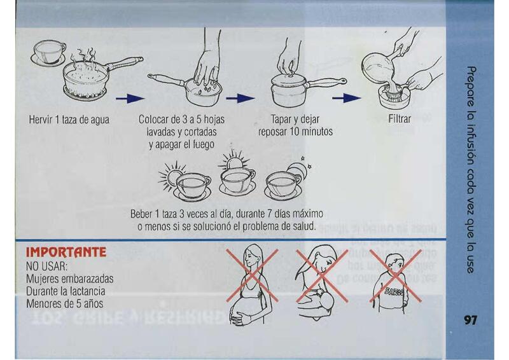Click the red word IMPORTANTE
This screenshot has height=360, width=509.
(x=66, y=253)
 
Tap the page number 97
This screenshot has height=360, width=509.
(x=471, y=320)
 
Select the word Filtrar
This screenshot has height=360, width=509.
(x=400, y=119)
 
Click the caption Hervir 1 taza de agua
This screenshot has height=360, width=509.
(x=69, y=120)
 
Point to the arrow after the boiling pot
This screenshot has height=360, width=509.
(x=130, y=99)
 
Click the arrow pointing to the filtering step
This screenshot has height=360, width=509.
(x=347, y=98)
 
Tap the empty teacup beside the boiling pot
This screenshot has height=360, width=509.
(x=49, y=53)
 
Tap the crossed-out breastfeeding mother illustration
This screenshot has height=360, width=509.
(x=321, y=282)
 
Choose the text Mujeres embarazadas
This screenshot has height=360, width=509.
(x=70, y=279)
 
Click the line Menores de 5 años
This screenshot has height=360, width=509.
(x=65, y=304)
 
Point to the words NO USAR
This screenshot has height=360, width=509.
(x=46, y=267)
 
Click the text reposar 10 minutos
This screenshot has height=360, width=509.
(x=295, y=132)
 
